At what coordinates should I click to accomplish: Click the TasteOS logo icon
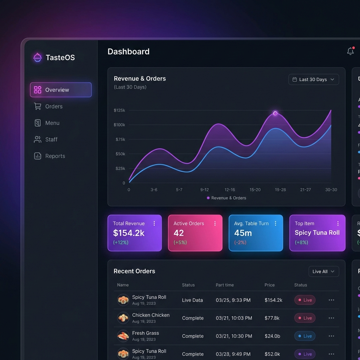pyautogui.click(x=38, y=57)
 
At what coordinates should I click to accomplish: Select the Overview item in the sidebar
pyautogui.click(x=61, y=90)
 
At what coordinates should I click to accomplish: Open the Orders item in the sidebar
pyautogui.click(x=54, y=107)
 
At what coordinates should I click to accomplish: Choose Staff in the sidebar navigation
pyautogui.click(x=51, y=140)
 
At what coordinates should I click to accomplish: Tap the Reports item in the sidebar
pyautogui.click(x=55, y=156)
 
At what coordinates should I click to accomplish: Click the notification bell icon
pyautogui.click(x=351, y=51)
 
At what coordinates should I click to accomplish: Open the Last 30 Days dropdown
pyautogui.click(x=314, y=79)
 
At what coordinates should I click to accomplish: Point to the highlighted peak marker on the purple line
pyautogui.click(x=275, y=113)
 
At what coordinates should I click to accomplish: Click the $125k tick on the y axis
pyautogui.click(x=120, y=110)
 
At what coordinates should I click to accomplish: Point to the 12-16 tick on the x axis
pyautogui.click(x=230, y=190)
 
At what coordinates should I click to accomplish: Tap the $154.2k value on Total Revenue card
pyautogui.click(x=129, y=233)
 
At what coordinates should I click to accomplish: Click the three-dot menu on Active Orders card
pyautogui.click(x=215, y=224)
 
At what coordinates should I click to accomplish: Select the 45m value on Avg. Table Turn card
pyautogui.click(x=243, y=233)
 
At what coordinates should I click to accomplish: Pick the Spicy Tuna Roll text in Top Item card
pyautogui.click(x=317, y=232)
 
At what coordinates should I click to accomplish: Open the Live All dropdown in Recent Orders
pyautogui.click(x=323, y=271)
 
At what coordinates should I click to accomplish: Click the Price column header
pyautogui.click(x=270, y=285)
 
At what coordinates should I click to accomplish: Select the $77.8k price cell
pyautogui.click(x=272, y=318)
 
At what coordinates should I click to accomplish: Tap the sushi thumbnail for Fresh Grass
pyautogui.click(x=123, y=336)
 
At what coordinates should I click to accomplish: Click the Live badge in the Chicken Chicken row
pyautogui.click(x=305, y=318)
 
